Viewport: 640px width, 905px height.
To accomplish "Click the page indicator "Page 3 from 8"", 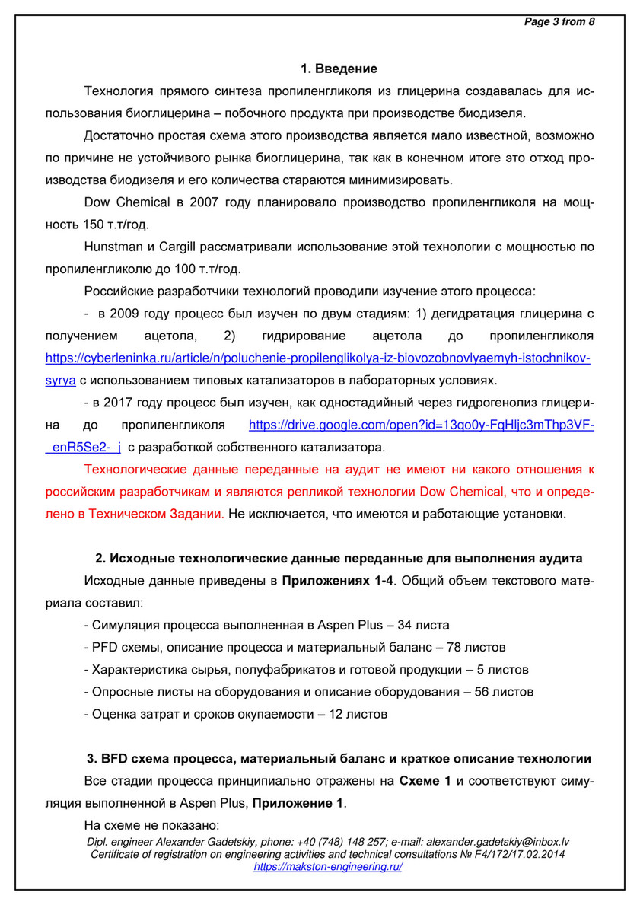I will pos(559,22).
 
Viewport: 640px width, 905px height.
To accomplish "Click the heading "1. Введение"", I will pos(339,69).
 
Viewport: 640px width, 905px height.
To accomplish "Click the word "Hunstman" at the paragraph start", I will pos(111,247).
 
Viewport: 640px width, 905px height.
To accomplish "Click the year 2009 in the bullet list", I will pos(124,314).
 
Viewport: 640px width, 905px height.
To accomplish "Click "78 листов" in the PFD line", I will pos(476,647).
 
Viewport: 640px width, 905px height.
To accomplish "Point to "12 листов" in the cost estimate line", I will pos(358,714).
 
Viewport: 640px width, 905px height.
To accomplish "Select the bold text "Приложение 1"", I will pos(298,803).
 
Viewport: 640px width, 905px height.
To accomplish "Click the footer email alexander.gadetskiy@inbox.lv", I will pos(498,843).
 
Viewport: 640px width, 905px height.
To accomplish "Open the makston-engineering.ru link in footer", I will pos(327,866).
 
